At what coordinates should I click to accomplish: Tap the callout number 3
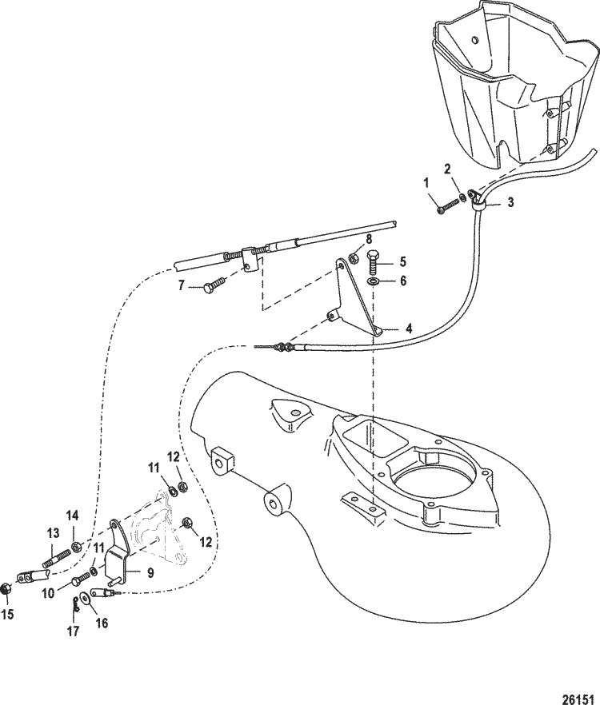pos(510,202)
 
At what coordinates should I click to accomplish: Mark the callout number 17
pos(72,631)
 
